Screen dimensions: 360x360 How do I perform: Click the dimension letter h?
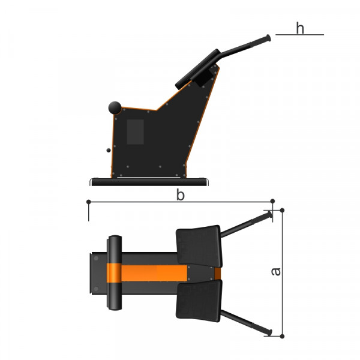300,28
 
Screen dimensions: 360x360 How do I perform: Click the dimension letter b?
180,195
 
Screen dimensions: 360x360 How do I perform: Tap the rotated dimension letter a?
276,272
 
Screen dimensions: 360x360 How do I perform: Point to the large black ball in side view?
115,107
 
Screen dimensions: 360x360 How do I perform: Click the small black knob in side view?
109,150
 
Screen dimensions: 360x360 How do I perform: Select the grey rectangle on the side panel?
136,132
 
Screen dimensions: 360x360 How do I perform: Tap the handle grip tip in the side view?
268,38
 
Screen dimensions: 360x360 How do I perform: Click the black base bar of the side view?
149,182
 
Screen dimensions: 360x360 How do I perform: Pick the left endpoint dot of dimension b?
89,202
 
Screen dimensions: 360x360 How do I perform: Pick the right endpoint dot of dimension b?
272,202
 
